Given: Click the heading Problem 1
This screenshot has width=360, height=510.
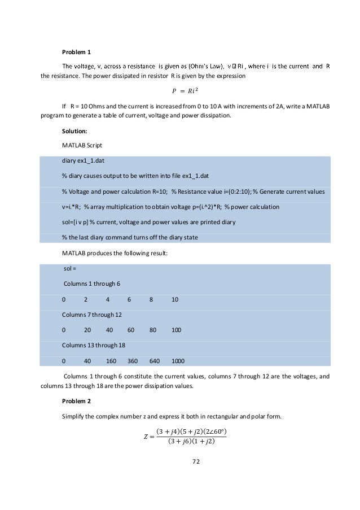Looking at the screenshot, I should (x=76, y=53).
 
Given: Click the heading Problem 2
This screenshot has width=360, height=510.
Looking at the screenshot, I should (x=76, y=400).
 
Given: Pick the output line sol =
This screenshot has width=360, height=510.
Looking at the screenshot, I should (x=70, y=268).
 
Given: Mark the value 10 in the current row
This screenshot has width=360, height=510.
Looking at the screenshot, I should (x=175, y=299).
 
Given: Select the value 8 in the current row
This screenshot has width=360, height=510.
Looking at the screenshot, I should (x=151, y=299).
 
